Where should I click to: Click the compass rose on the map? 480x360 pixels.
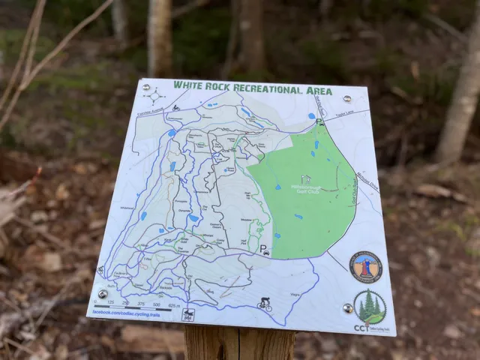155,95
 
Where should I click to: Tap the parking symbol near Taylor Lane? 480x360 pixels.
319,122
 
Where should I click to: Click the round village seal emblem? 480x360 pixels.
366,267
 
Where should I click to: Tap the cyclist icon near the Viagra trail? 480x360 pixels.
265,304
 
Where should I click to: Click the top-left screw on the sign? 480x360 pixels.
146,87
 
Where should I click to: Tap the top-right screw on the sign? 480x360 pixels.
346,98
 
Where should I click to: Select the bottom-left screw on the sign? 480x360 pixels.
103,294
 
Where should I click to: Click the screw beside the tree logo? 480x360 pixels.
348,308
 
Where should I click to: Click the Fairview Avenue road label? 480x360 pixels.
150,112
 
